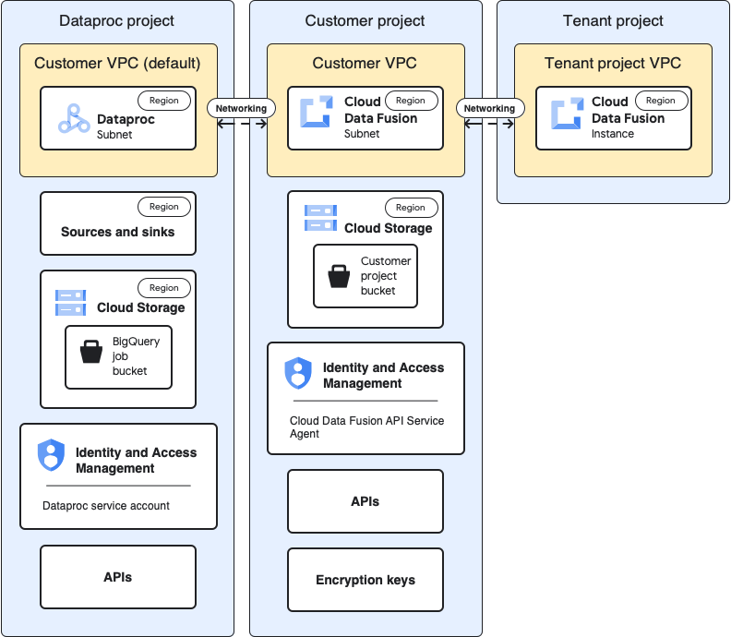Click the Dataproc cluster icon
click(74, 118)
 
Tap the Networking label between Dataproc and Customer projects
click(241, 108)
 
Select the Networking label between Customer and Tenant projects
click(489, 108)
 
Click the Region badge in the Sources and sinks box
click(164, 207)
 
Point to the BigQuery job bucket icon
click(91, 352)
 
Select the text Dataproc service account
click(106, 506)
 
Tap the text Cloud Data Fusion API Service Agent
click(366, 427)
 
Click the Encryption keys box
click(365, 580)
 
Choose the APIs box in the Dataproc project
click(118, 577)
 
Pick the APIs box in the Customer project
click(365, 501)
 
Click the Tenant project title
click(613, 20)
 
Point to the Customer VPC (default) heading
click(117, 63)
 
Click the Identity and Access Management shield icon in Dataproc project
click(51, 455)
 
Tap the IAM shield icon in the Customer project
click(298, 372)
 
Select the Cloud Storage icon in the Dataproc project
click(71, 301)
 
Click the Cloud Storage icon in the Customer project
click(320, 219)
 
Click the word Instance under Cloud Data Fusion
click(613, 134)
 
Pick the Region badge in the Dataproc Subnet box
click(164, 100)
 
